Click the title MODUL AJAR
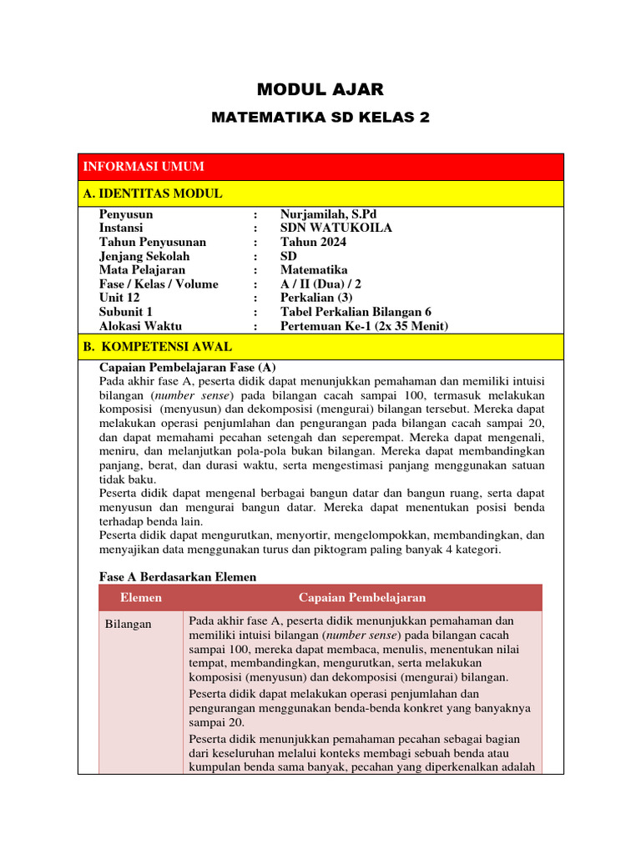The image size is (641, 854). (x=320, y=89)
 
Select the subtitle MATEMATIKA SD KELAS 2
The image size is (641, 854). (x=320, y=118)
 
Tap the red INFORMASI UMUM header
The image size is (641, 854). (x=143, y=167)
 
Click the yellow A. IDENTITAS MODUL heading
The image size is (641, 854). (x=153, y=193)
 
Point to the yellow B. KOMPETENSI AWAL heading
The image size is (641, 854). (x=158, y=346)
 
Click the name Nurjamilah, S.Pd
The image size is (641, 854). (x=334, y=213)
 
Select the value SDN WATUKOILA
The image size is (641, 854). (x=336, y=228)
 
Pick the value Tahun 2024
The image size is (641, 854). (x=313, y=242)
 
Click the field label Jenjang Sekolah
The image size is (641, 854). (x=144, y=256)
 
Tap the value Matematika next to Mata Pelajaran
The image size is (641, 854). (x=314, y=270)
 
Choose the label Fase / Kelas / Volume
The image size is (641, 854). (x=159, y=284)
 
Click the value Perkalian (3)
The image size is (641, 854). (x=318, y=298)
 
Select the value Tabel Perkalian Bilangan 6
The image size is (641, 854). (x=356, y=312)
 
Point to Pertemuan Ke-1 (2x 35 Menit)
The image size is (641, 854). (x=364, y=326)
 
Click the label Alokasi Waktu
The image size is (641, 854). (x=140, y=326)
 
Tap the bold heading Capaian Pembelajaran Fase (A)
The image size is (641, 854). (x=187, y=367)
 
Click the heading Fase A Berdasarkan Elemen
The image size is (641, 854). (x=178, y=576)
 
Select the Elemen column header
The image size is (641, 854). (x=141, y=598)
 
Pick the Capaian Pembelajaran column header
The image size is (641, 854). (x=362, y=598)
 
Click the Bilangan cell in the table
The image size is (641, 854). (x=129, y=624)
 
